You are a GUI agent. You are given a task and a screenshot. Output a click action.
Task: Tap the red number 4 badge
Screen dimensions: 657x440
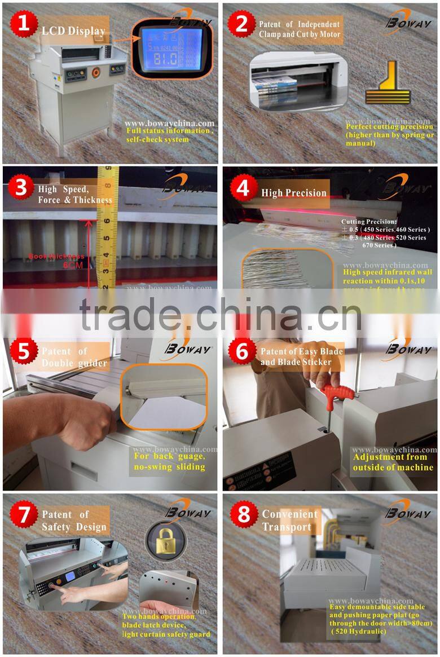(x=242, y=188)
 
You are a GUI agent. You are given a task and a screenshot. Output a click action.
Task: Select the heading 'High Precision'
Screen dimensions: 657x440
(x=294, y=193)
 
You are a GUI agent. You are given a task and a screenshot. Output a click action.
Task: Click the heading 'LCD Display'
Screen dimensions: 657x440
(x=73, y=30)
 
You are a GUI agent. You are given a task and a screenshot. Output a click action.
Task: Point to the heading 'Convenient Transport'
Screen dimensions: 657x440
(x=290, y=521)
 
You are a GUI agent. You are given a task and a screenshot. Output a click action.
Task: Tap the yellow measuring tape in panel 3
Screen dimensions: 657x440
(x=106, y=226)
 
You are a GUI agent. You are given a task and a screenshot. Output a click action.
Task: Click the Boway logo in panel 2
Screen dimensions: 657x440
(x=408, y=21)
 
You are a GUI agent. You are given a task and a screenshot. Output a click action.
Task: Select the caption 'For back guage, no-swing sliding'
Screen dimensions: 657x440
(x=169, y=461)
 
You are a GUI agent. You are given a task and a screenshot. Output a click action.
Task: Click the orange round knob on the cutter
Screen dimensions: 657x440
(x=95, y=72)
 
